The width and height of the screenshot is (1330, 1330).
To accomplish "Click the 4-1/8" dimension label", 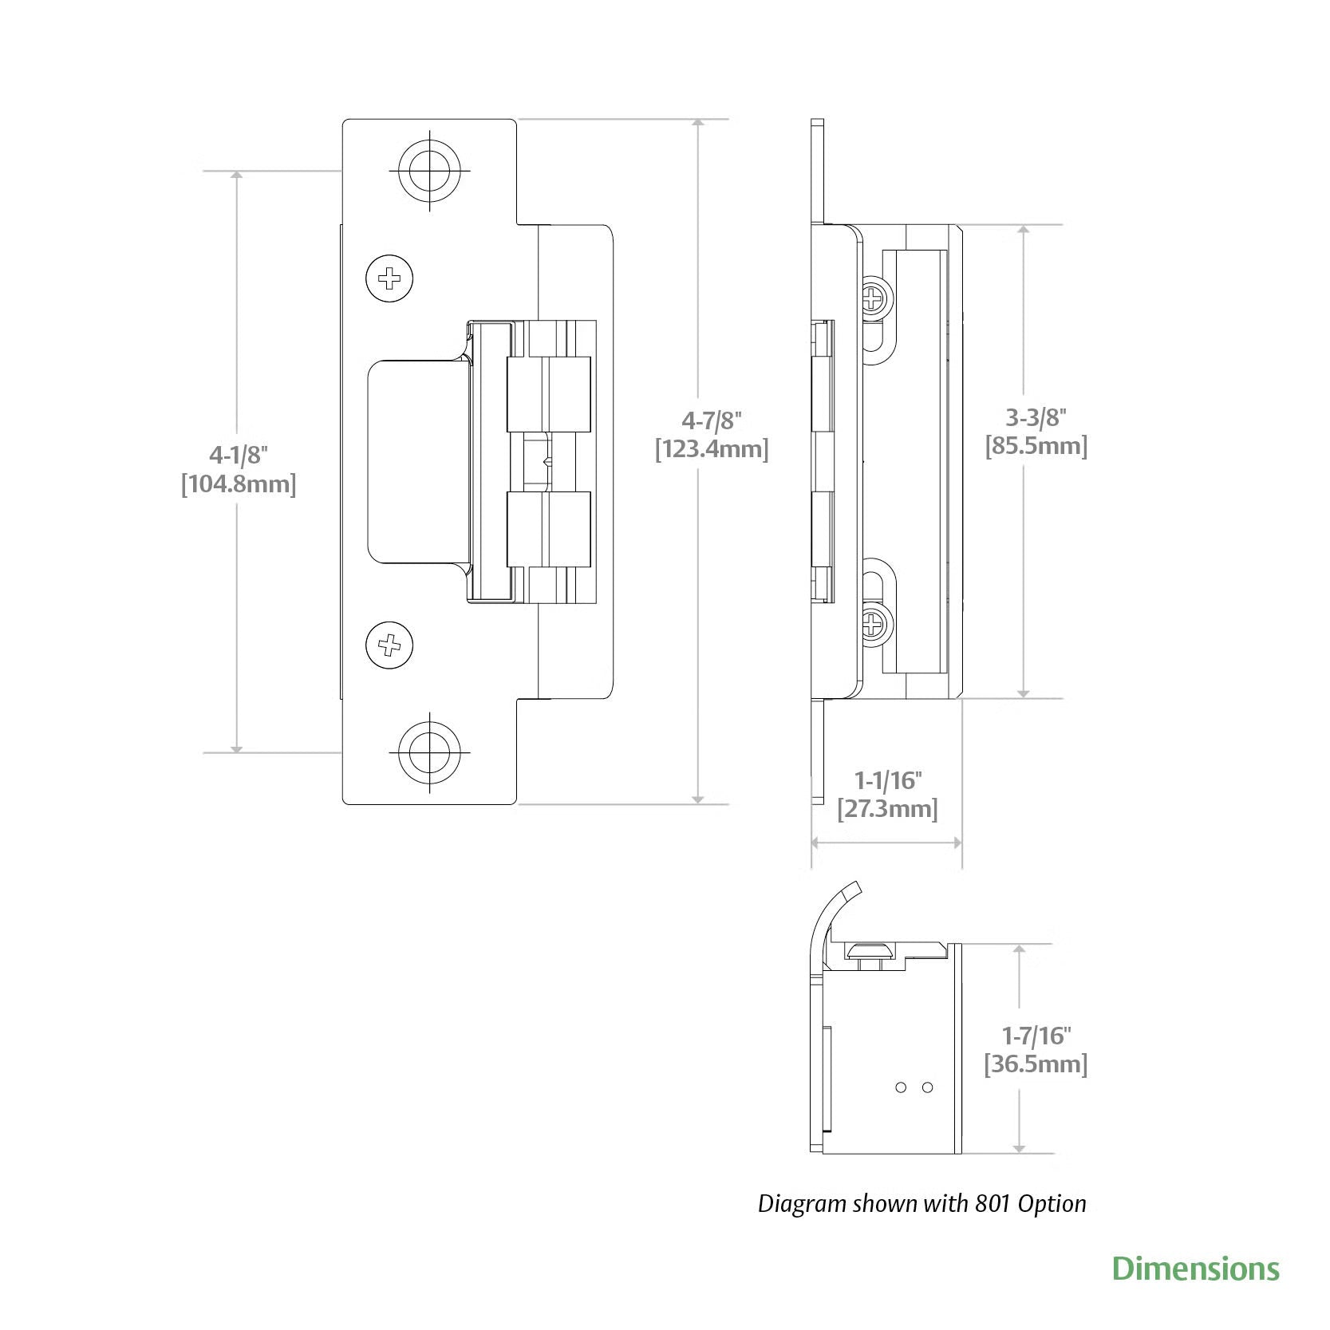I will (238, 455).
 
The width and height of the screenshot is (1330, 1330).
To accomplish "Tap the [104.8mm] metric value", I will (238, 484).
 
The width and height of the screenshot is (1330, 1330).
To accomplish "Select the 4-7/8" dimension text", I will (711, 420).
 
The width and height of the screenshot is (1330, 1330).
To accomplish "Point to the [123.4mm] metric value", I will (711, 449).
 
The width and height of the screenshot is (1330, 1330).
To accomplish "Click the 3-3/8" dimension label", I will (1036, 416).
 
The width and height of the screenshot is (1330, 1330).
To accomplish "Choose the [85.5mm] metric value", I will (1036, 445).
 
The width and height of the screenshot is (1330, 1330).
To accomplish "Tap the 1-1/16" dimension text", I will (888, 779).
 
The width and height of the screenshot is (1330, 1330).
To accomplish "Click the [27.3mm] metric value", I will (887, 809).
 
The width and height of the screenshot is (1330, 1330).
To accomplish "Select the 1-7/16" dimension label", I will (1036, 1036).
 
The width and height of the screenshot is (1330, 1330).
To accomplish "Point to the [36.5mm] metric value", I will (1036, 1064).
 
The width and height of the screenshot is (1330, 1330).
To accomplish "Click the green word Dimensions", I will (1195, 1269).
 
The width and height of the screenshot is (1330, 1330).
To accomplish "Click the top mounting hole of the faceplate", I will (430, 171).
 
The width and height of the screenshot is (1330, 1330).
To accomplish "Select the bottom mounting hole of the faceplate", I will (430, 752).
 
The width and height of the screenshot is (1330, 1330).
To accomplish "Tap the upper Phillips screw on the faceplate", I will (390, 278).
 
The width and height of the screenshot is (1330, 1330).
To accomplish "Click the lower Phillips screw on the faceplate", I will (390, 644).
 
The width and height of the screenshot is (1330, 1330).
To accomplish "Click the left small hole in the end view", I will (901, 1087).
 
